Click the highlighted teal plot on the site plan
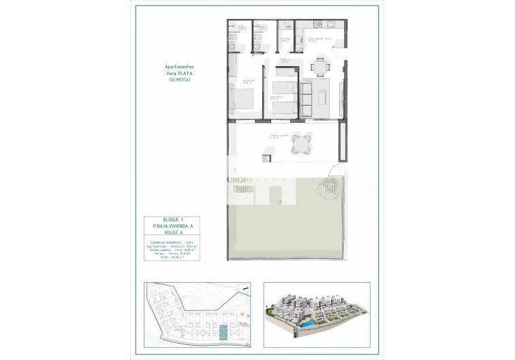pos(223,332)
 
